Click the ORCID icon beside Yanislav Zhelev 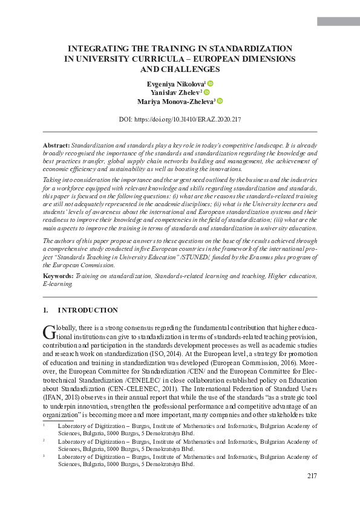(x=206, y=92)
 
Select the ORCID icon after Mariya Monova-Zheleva (x=220, y=101)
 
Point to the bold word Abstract (x=56, y=146)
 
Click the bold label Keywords (x=59, y=276)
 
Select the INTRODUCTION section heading (x=88, y=310)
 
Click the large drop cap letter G (x=48, y=331)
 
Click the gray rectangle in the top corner (x=338, y=21)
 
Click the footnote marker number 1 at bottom (x=44, y=425)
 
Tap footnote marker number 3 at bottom (x=44, y=456)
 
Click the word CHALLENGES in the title (x=180, y=70)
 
